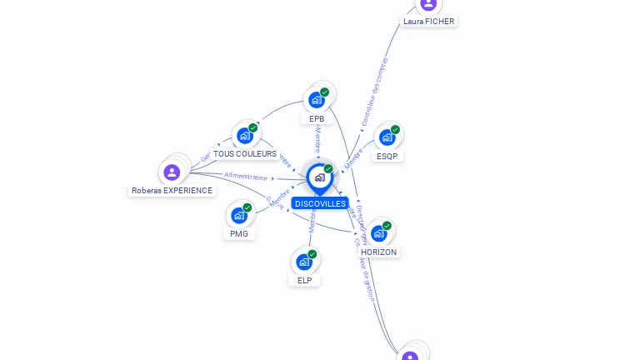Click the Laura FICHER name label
(429, 21)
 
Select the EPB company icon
(317, 100)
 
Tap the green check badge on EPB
(325, 92)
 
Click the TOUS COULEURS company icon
(245, 135)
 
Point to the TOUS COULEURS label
(245, 153)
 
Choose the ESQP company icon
(387, 137)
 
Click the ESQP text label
(387, 156)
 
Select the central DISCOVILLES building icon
(319, 177)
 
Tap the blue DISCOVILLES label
(320, 203)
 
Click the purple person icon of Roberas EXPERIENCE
(172, 172)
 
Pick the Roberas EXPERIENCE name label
(172, 191)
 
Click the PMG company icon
(239, 215)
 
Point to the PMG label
(239, 233)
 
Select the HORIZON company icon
(379, 233)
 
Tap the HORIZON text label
(379, 252)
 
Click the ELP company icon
(304, 262)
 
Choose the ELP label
(304, 280)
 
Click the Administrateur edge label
(247, 177)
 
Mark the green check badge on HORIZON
(387, 226)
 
